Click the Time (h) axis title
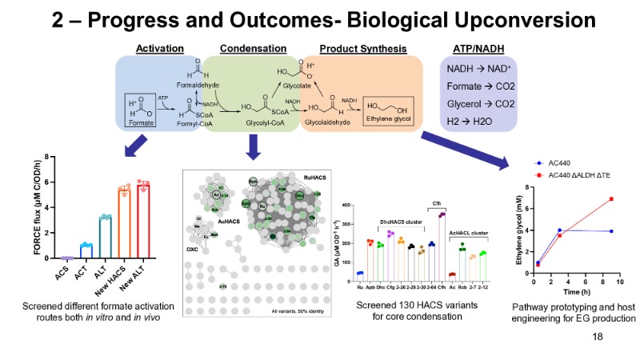(x=574, y=293)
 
